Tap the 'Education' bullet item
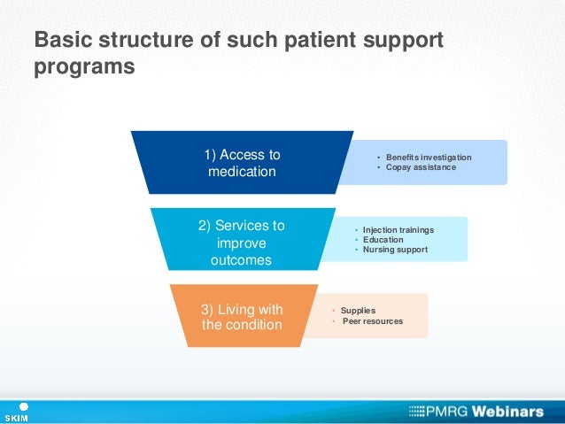383,240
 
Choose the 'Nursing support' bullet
395,250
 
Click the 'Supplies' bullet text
358,311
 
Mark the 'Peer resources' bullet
372,320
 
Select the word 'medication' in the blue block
242,171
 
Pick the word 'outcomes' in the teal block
242,260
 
